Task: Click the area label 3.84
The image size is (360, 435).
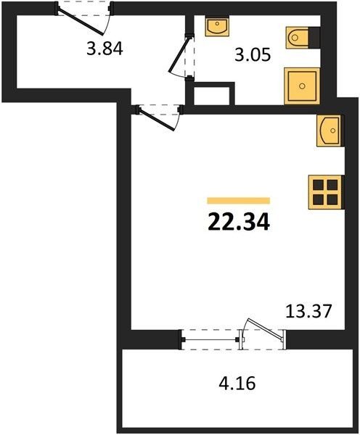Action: pos(105,49)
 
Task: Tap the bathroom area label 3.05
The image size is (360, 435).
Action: pos(253,54)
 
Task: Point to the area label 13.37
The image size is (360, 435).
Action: pos(308,311)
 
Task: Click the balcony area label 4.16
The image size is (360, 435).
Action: pos(237,384)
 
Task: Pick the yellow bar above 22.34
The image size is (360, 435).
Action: pos(239,201)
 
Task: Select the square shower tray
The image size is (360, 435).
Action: pos(302,86)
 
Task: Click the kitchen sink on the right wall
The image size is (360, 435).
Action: pos(330,130)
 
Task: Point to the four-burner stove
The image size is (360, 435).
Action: pos(326,192)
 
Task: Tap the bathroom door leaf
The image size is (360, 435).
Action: pos(180,54)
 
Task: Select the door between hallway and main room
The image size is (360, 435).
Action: pos(156,119)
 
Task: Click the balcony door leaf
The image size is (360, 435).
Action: pos(266,329)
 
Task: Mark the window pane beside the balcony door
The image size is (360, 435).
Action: pos(210,339)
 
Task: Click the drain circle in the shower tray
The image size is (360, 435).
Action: pos(302,86)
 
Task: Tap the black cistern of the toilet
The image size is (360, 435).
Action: pos(314,38)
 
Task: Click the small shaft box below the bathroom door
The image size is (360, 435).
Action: pos(212,96)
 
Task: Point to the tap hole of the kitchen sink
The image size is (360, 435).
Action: pos(332,130)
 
